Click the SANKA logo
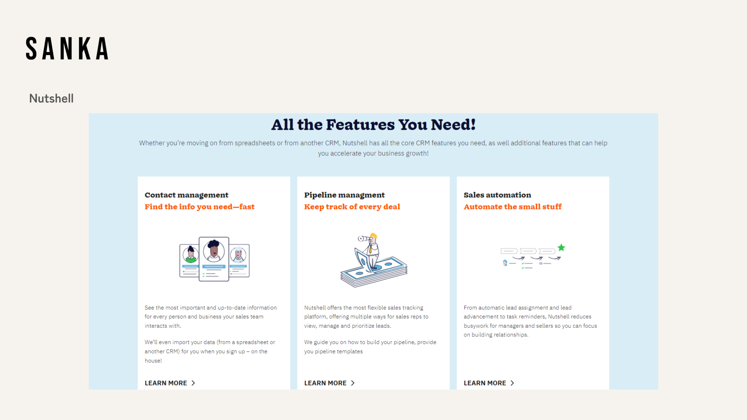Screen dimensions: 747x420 tap(67, 48)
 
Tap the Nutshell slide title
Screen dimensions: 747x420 tap(51, 99)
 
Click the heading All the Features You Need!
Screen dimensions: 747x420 tap(373, 125)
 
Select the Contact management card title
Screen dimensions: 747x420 tap(186, 195)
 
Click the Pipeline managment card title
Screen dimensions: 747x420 tap(344, 195)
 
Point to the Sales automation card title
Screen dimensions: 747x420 tap(497, 195)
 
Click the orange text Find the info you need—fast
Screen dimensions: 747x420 tap(200, 207)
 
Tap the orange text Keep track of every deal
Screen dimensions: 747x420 tap(352, 207)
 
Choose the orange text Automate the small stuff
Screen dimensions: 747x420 tap(512, 207)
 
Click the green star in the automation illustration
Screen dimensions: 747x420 tap(561, 247)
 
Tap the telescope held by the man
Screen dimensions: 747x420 tap(365, 239)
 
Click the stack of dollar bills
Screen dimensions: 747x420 tap(374, 272)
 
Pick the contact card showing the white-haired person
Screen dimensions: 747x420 tap(239, 261)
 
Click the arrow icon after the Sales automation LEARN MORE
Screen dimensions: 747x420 tap(512, 383)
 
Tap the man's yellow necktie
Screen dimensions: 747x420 tap(370, 248)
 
